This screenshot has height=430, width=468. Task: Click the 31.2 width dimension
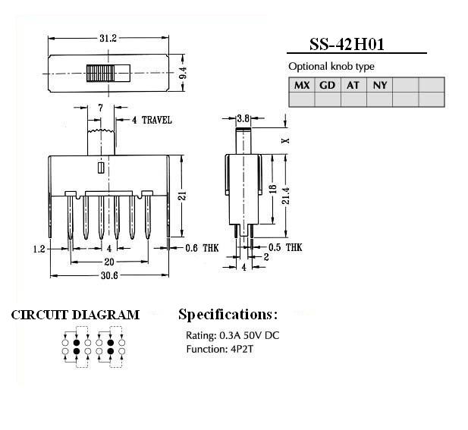point(108,38)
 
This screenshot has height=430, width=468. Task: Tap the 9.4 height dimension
point(183,73)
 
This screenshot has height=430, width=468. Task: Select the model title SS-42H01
point(347,44)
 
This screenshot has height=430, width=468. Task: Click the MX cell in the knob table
point(302,85)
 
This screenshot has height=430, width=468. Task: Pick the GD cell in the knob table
point(328,86)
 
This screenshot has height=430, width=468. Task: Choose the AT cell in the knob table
point(353,86)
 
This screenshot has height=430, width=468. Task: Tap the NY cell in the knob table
point(380,86)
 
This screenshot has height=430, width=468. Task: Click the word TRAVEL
point(157,120)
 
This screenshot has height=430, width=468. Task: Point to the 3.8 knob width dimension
point(243,118)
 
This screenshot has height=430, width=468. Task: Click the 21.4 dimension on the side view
point(286,196)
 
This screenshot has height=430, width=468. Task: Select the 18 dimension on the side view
point(273,189)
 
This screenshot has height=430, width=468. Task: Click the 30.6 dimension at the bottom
point(109,275)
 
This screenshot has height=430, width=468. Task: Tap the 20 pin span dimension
point(109,262)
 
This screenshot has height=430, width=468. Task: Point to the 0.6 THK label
point(202,248)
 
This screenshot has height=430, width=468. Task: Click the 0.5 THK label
point(285,247)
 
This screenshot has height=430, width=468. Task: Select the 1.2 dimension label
point(39,249)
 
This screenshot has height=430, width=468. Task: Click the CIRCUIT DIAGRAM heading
point(75,315)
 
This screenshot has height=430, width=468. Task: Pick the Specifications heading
point(228,315)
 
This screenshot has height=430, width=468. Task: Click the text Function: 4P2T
point(220,349)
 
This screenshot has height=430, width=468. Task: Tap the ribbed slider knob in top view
point(99,73)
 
